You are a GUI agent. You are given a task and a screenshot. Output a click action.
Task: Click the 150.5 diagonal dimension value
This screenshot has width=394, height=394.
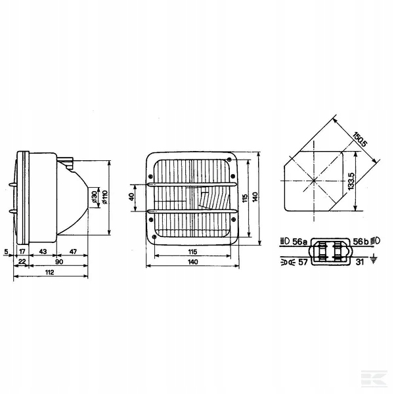360,140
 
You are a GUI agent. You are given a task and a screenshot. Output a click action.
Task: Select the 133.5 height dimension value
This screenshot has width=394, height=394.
351,181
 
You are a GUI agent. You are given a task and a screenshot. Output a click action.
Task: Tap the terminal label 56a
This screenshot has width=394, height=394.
300,242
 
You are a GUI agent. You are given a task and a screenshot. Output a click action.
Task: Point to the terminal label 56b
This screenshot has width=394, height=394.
361,242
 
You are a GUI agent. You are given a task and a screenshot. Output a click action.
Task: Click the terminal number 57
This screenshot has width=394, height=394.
303,262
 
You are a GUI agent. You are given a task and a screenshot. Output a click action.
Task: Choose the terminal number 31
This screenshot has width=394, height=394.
360,262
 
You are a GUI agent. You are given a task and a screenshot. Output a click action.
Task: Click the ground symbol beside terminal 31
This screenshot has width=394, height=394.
374,259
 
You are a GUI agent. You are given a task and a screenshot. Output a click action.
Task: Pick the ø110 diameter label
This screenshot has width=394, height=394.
104,197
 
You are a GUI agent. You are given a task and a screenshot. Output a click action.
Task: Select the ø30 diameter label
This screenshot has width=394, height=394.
94,197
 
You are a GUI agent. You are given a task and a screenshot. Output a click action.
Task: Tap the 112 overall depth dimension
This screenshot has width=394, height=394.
49,273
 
